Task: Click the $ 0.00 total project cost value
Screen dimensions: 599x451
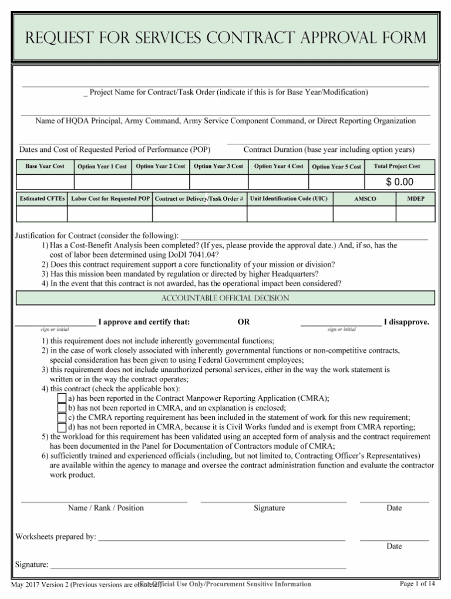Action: click(399, 182)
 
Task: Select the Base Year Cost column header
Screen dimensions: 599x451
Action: click(45, 167)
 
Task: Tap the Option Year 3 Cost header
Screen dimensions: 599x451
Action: click(218, 167)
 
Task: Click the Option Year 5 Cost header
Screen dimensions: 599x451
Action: click(336, 167)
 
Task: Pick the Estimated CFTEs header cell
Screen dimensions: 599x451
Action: click(42, 199)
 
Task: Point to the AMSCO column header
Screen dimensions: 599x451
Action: click(365, 199)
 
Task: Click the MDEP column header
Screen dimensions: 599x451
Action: click(416, 199)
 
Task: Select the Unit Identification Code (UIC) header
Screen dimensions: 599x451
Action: click(289, 199)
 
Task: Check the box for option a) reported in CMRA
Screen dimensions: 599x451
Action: click(62, 398)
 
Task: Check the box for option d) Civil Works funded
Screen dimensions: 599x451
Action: click(62, 427)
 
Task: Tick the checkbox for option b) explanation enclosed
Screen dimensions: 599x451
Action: click(62, 407)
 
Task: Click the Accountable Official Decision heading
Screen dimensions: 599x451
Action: click(225, 298)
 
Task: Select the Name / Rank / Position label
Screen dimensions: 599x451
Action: click(106, 508)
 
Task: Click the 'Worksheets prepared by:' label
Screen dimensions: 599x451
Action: click(56, 536)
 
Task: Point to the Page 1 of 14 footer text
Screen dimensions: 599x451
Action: click(417, 584)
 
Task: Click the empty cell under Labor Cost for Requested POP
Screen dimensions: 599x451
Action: click(110, 214)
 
